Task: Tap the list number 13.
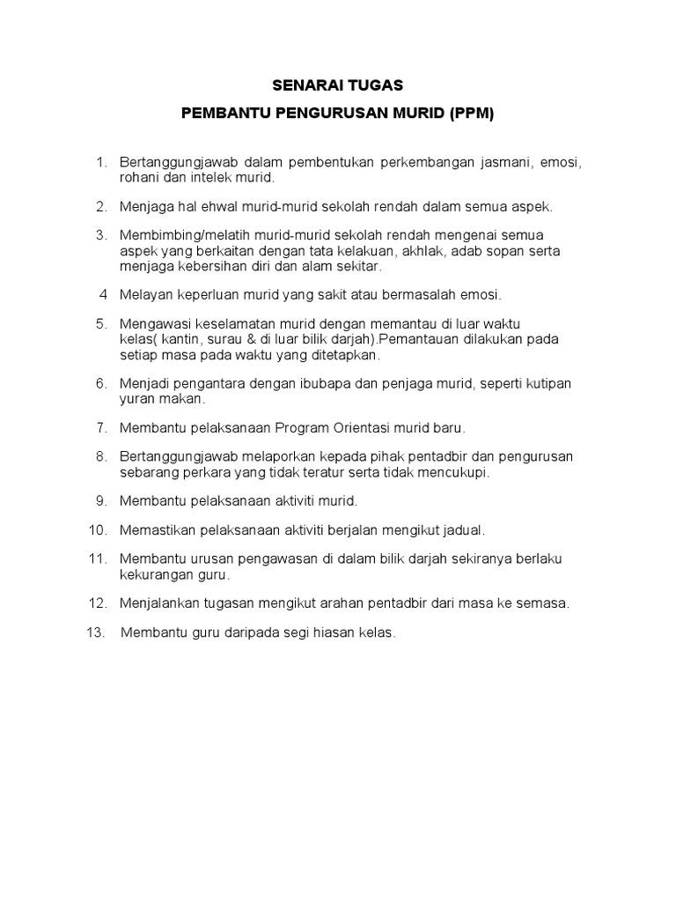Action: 95,632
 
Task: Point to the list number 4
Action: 104,293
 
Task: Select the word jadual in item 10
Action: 463,529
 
